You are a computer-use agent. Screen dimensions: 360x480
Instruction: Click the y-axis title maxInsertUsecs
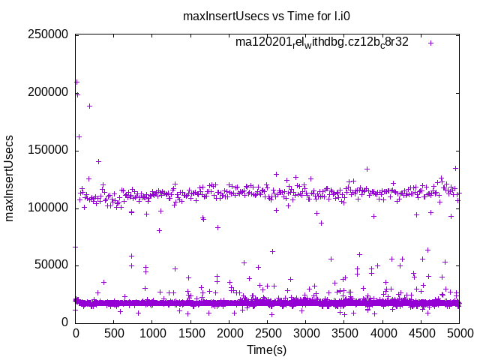click(x=10, y=178)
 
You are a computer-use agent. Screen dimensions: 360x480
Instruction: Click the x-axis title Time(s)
click(x=267, y=349)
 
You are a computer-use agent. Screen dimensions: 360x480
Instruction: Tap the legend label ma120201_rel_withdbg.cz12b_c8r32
click(x=322, y=42)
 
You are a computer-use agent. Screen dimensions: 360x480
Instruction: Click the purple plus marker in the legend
click(x=431, y=43)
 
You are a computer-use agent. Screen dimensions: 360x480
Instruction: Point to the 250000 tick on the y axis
click(x=46, y=35)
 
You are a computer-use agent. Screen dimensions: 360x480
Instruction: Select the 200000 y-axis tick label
click(x=46, y=92)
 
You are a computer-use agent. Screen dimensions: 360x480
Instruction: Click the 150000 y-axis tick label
click(x=46, y=150)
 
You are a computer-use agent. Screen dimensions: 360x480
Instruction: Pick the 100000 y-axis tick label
click(x=46, y=208)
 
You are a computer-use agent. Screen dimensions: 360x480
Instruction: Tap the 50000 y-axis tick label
click(x=50, y=265)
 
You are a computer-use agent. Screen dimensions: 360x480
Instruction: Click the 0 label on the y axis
click(x=65, y=322)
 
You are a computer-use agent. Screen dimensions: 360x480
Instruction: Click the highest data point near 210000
click(x=76, y=82)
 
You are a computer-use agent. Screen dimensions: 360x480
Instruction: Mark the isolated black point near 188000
click(x=89, y=106)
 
